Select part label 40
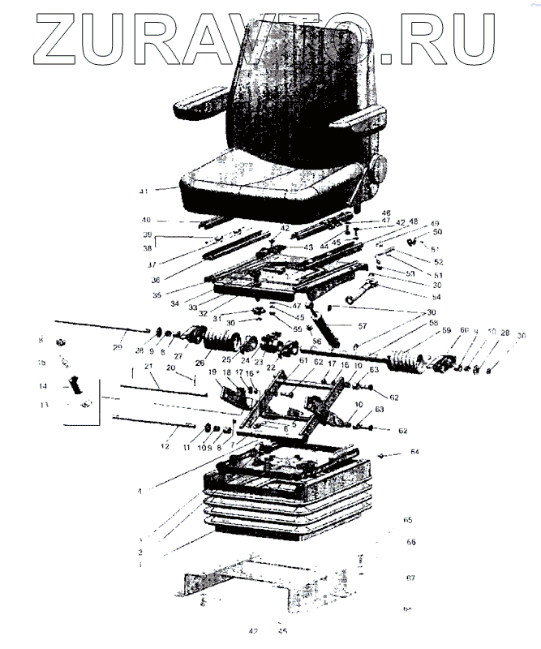pyautogui.click(x=146, y=221)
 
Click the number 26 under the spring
pyautogui.click(x=199, y=362)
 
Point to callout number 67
pyautogui.click(x=410, y=578)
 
